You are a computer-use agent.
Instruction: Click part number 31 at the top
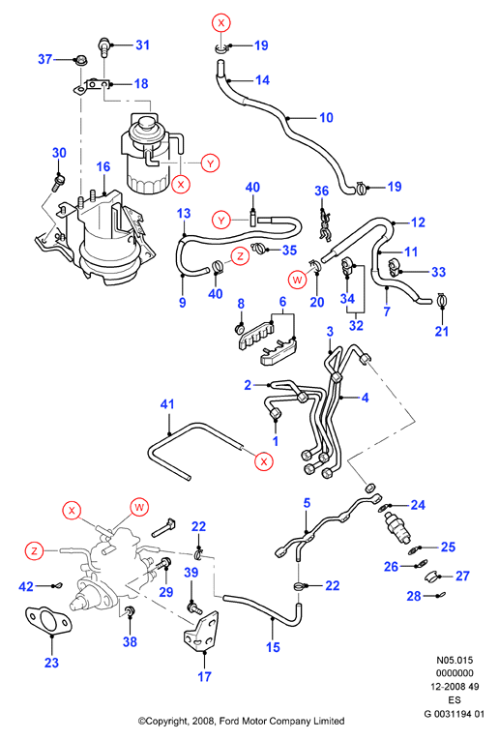tap(142, 44)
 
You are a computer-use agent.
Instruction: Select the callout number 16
tap(103, 166)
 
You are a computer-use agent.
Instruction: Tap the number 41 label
tap(167, 404)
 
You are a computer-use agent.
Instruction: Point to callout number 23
tap(51, 663)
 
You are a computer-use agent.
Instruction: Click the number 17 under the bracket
tap(204, 677)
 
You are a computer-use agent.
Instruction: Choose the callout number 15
tap(273, 647)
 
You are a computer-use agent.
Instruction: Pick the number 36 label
tap(322, 191)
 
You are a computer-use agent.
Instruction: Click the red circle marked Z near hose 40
tap(241, 256)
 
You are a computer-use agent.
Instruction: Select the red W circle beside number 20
tap(297, 280)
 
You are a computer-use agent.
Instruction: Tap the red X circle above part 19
tap(221, 22)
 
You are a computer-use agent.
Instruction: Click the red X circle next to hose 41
tap(264, 461)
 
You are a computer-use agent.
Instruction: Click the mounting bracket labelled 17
tap(201, 631)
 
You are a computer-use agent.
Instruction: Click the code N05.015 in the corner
tap(455, 661)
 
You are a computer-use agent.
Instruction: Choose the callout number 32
tap(356, 325)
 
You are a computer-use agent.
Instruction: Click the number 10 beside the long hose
tap(326, 117)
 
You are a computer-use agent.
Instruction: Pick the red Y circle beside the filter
tap(210, 163)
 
